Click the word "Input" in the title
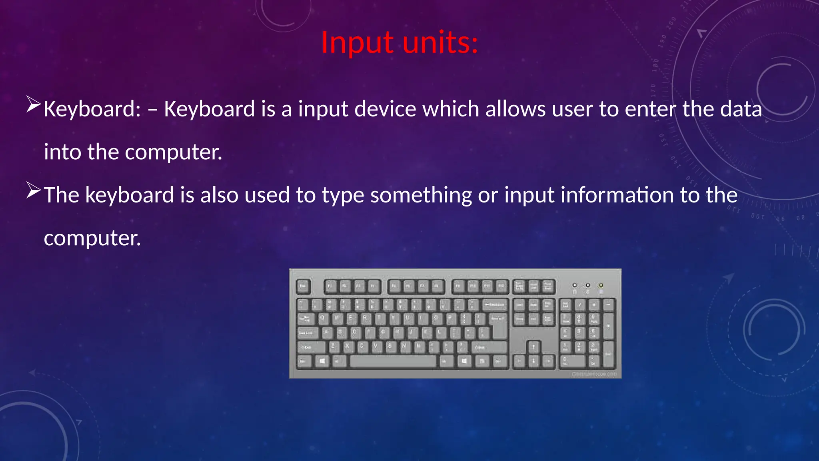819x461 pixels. pyautogui.click(x=358, y=42)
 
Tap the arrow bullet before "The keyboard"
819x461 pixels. pyautogui.click(x=34, y=190)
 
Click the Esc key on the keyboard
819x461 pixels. pyautogui.click(x=303, y=287)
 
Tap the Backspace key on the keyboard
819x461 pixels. pyautogui.click(x=495, y=305)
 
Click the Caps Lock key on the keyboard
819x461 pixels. pyautogui.click(x=307, y=333)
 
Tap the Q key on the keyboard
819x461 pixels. pyautogui.click(x=323, y=319)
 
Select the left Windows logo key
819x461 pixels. pyautogui.click(x=322, y=362)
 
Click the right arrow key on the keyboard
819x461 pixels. pyautogui.click(x=548, y=362)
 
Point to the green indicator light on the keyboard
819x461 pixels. pyautogui.click(x=601, y=285)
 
